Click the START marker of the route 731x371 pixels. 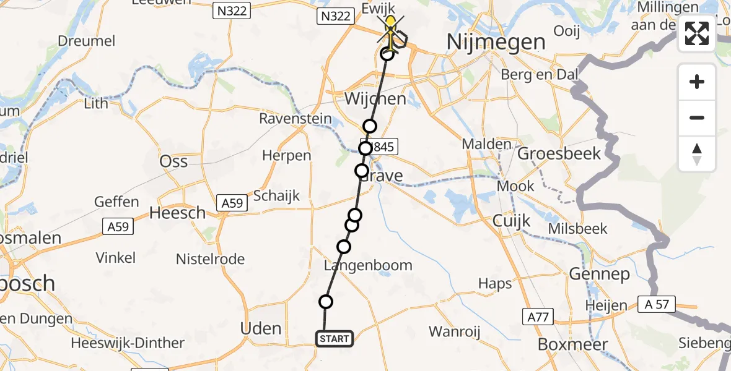pos(335,338)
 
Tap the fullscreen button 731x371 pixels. pos(697,33)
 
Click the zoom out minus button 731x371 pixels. pos(697,117)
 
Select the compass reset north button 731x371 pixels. pos(697,154)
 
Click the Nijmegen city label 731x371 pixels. pos(496,43)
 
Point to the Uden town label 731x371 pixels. pos(261,328)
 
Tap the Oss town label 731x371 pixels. pos(173,161)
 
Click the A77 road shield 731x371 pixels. pos(536,317)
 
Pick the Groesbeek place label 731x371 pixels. pos(559,153)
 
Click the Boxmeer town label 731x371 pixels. pos(572,344)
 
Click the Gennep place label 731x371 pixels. pos(599,273)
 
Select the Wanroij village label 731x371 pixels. pos(455,331)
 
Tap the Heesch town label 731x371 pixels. pos(178,213)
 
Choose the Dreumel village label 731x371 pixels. pos(87,41)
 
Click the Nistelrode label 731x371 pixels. pos(210,259)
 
